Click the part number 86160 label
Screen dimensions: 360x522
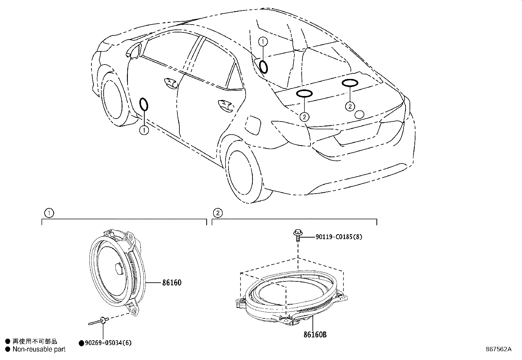pyautogui.click(x=171, y=283)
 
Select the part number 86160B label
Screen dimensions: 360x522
pyautogui.click(x=315, y=334)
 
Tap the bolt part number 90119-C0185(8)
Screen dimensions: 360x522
pyautogui.click(x=339, y=237)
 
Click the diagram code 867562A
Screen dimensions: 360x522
pyautogui.click(x=498, y=349)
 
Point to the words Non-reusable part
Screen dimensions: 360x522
pyautogui.click(x=39, y=350)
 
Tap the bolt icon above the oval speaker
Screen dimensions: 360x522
pyautogui.click(x=297, y=235)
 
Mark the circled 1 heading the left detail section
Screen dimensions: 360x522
pyautogui.click(x=49, y=213)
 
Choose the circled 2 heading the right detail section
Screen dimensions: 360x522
pyautogui.click(x=218, y=213)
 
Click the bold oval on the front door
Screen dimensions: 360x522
pyautogui.click(x=144, y=104)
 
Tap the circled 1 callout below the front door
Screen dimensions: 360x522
pyautogui.click(x=144, y=130)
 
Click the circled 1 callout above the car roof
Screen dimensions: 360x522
pyautogui.click(x=263, y=42)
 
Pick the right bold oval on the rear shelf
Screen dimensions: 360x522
pyautogui.click(x=350, y=83)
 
